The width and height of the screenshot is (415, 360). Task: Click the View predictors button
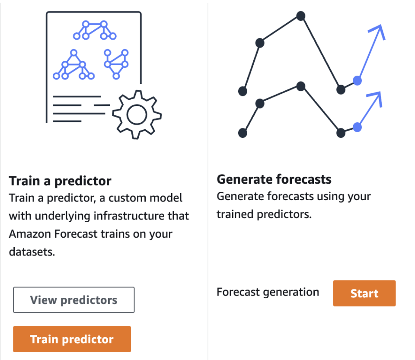coord(73,300)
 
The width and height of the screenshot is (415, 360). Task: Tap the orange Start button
coord(364,293)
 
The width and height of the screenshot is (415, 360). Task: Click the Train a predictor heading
coord(60,181)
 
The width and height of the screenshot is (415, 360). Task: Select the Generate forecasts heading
coord(274,179)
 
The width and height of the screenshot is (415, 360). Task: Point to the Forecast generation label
coord(268,292)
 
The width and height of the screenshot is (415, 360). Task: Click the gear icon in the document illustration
coord(137,115)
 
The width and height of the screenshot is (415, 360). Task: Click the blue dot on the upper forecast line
coord(357,80)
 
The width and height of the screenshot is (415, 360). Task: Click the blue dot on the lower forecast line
coord(357,127)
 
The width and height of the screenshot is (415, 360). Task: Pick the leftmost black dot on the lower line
coord(243,133)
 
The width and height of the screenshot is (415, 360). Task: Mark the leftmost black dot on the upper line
coord(243,91)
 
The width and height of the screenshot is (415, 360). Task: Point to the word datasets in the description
coord(32,252)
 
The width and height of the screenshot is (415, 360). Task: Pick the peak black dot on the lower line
coord(301,86)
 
